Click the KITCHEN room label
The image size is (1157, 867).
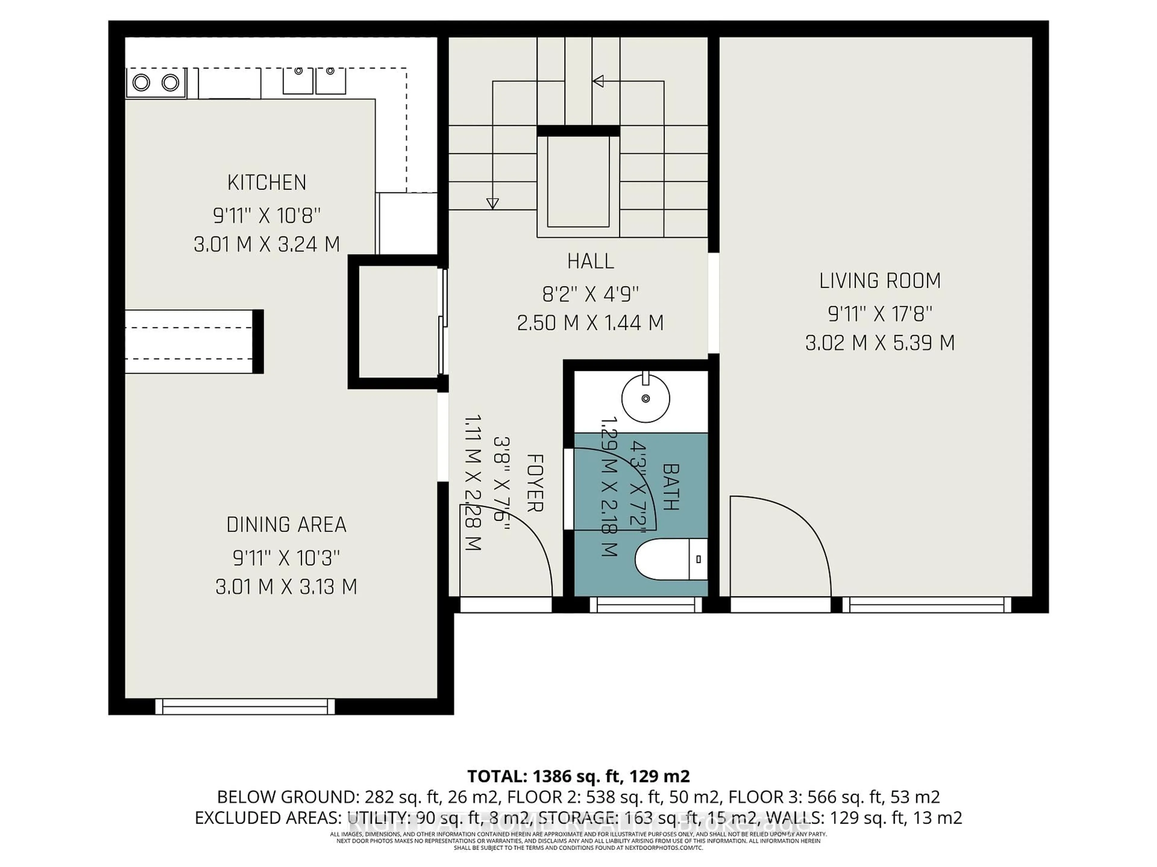point(267,182)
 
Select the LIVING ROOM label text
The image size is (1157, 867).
point(880,281)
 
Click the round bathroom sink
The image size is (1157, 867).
point(645,399)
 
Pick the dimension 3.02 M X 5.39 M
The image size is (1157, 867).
point(880,343)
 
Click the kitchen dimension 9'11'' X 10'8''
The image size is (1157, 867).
point(267,215)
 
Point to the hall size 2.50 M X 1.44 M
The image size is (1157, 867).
point(591,323)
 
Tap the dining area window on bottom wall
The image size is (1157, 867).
point(245,707)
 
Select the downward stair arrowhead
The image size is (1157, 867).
point(492,203)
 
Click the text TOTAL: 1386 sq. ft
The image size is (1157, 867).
point(544,776)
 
